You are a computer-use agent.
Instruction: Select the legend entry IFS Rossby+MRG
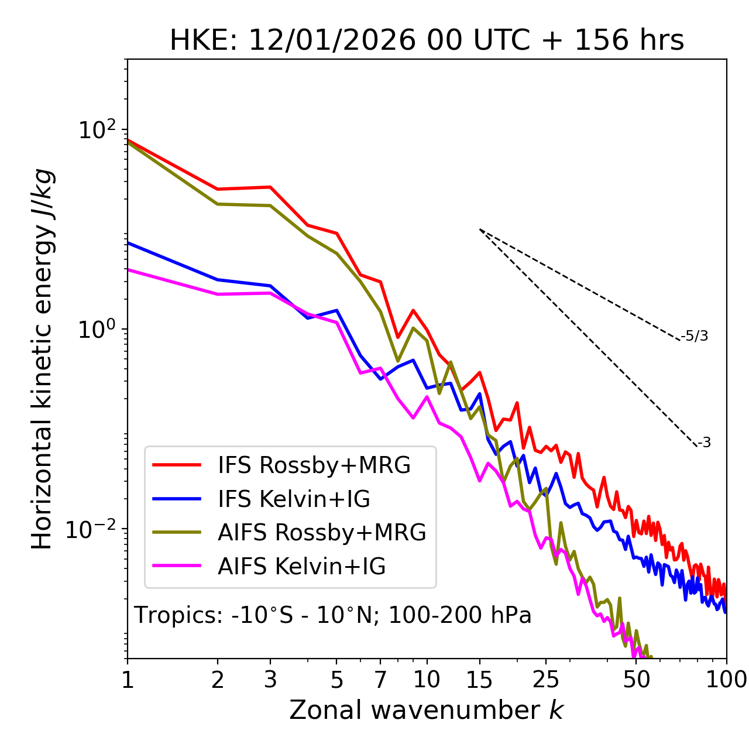pos(314,465)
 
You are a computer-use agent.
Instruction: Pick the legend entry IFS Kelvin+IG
pos(294,499)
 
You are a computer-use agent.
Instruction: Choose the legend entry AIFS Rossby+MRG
pos(322,532)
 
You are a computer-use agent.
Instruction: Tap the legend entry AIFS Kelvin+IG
pos(301,566)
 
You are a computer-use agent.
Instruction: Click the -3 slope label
pos(704,443)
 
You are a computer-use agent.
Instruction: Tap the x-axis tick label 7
pos(380,680)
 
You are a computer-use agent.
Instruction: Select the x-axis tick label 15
pos(479,680)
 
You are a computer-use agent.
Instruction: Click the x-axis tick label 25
pos(546,680)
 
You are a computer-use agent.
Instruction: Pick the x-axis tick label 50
pos(636,680)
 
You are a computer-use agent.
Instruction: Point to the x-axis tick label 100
pos(726,680)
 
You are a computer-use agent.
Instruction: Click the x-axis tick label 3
pos(270,680)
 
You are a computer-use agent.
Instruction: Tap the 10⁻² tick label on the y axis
pos(94,529)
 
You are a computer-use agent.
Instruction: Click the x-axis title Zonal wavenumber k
pos(427,710)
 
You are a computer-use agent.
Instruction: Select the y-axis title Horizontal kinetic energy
pos(43,359)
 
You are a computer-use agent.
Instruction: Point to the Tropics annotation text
pos(333,615)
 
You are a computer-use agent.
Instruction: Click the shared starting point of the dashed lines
pos(480,229)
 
